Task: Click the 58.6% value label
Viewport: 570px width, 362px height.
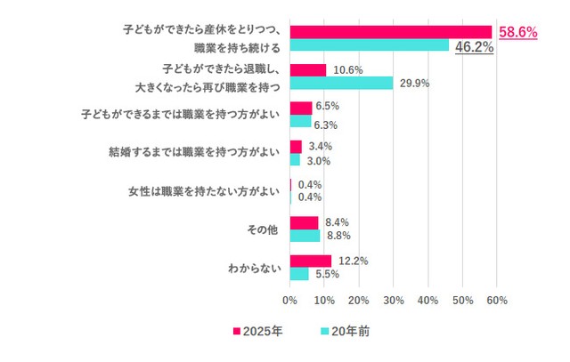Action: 517,32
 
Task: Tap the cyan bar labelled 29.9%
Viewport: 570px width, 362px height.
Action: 341,83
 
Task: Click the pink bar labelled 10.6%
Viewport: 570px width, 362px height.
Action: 308,70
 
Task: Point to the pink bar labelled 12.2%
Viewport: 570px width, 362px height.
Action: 311,261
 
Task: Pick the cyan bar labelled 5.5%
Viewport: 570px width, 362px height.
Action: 299,274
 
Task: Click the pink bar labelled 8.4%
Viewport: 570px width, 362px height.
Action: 304,222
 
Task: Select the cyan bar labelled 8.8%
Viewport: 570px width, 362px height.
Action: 305,236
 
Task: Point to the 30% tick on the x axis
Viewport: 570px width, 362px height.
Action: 394,301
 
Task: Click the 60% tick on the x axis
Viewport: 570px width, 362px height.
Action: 497,301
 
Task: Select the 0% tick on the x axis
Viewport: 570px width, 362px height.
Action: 290,301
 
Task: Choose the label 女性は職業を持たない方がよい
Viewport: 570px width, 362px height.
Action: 206,190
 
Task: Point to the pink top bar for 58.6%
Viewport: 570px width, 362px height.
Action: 391,32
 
